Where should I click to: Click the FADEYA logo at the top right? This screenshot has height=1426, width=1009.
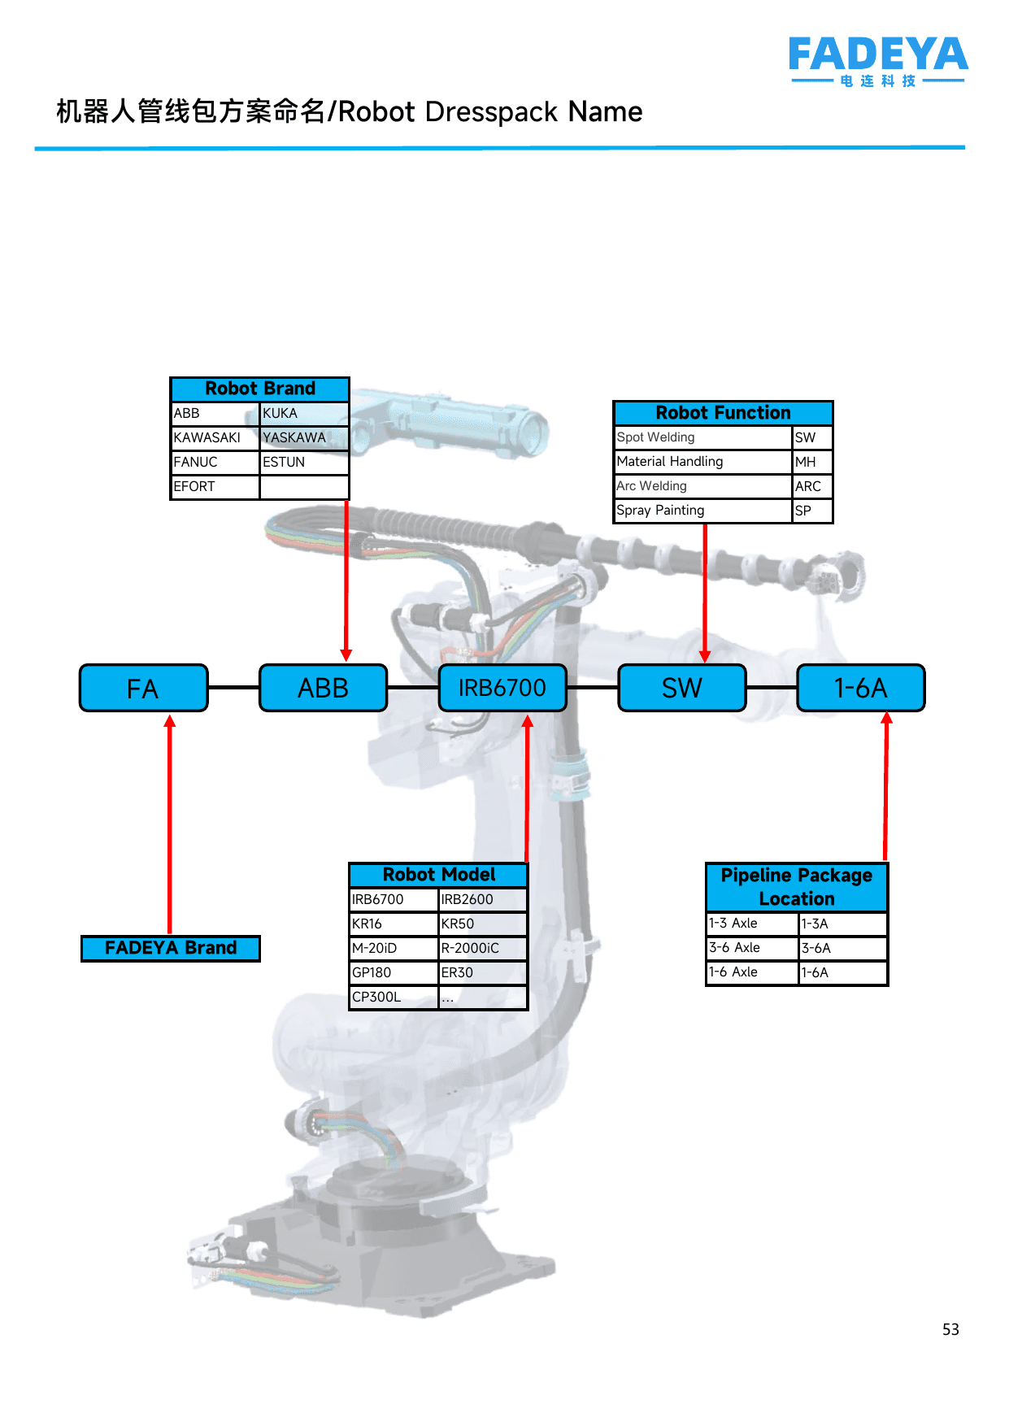(878, 61)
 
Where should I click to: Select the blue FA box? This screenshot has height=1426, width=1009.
(144, 688)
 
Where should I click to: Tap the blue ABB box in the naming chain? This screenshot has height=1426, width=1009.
(324, 688)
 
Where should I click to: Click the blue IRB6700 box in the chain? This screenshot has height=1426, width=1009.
(502, 688)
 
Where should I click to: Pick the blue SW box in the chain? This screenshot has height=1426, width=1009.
(682, 688)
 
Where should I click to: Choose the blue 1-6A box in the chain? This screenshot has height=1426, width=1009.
(861, 688)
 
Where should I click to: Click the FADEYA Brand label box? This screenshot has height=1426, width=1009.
(171, 948)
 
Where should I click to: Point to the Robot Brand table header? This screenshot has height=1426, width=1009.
(260, 389)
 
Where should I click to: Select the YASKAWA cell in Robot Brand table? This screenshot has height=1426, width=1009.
(305, 438)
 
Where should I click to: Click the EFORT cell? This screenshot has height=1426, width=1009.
(215, 487)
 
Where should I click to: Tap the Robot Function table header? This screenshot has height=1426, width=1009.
(724, 413)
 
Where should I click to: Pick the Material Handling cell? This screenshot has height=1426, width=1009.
(703, 462)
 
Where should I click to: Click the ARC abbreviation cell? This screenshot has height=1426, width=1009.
(812, 486)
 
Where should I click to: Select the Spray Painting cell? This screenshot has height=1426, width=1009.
(703, 511)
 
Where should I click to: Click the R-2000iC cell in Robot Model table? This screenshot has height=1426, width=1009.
(483, 948)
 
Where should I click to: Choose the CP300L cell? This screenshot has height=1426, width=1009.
(394, 997)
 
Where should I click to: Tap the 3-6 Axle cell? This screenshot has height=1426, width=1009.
(753, 948)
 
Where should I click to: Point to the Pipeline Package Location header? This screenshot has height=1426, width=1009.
(797, 887)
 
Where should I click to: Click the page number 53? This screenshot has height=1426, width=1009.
(950, 1329)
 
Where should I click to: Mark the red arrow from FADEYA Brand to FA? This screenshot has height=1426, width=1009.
(170, 824)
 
